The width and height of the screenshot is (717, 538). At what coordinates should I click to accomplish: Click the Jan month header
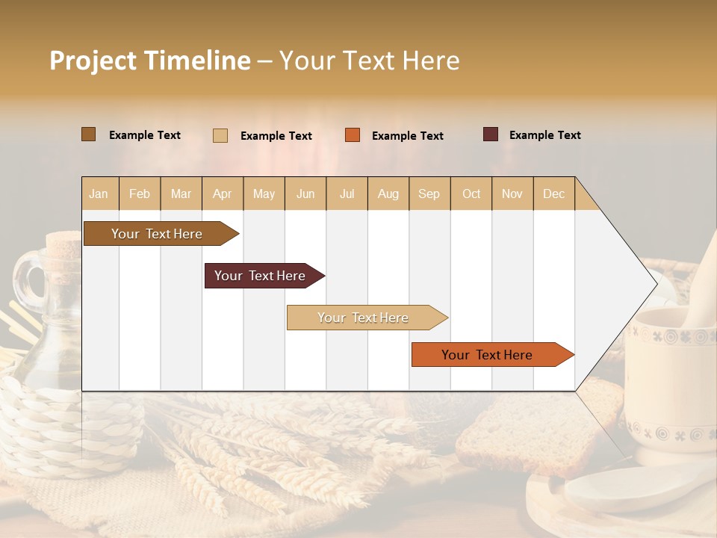99,194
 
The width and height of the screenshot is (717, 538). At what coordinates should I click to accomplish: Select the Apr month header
222,194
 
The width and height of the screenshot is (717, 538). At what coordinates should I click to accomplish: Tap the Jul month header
347,194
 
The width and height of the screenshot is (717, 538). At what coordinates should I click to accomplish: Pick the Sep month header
429,194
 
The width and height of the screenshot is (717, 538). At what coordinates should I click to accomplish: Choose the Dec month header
553,194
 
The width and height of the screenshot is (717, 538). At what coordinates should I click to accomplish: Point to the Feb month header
140,194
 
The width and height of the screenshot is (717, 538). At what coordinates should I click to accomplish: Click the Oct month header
471,194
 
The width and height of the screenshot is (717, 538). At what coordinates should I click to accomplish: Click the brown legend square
88,134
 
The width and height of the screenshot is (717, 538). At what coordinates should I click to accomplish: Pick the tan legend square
220,135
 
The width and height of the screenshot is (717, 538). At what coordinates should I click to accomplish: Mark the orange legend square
352,135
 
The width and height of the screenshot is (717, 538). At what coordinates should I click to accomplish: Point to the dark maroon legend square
490,134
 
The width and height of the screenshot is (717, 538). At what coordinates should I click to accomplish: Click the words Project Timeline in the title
149,61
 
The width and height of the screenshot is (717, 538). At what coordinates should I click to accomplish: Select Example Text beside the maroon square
544,135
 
